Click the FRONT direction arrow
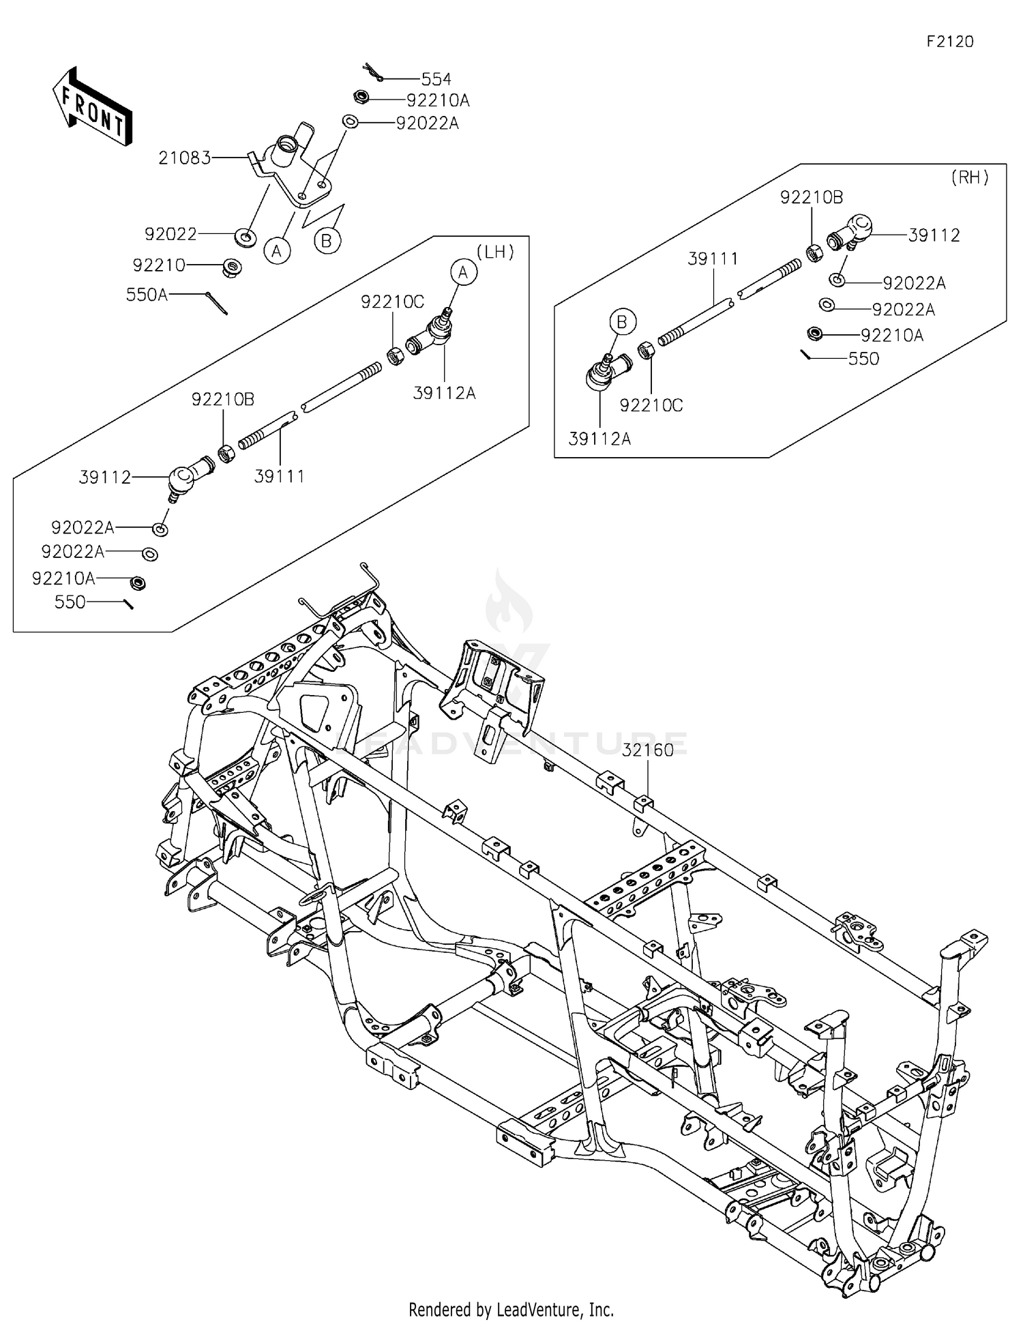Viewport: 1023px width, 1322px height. tap(92, 107)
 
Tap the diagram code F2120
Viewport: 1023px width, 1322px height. tap(949, 42)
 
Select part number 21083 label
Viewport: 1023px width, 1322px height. tap(184, 158)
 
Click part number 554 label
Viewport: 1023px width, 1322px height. tap(436, 79)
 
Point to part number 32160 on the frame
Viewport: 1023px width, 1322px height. tap(647, 750)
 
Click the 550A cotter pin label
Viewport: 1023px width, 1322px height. tap(147, 295)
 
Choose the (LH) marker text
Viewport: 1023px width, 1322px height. tap(494, 252)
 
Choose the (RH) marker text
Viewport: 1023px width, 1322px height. tap(969, 177)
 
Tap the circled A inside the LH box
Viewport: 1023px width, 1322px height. tap(464, 273)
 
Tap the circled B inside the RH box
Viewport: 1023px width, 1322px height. tap(621, 321)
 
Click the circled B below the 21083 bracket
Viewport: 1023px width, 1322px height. tap(327, 240)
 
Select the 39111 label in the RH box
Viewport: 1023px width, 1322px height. tap(713, 259)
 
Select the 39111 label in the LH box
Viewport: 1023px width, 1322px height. tap(279, 476)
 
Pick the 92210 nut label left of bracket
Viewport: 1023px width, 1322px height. tap(159, 265)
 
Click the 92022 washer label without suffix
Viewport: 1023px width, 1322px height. tap(170, 234)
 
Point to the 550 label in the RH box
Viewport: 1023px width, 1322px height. tap(863, 359)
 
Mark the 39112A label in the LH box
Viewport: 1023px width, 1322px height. tap(444, 393)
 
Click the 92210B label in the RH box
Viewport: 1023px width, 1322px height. tap(812, 197)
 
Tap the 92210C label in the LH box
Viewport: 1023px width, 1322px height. tap(392, 302)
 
